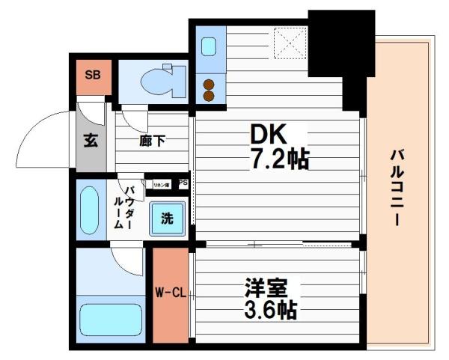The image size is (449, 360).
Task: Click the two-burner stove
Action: (209, 89)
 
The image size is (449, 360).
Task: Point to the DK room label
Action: (268, 135)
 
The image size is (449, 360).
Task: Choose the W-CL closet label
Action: (171, 293)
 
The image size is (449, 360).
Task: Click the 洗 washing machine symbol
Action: (167, 219)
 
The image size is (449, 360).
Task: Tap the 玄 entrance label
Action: (90, 140)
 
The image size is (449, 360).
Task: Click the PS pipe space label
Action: (183, 183)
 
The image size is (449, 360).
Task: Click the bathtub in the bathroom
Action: (111, 319)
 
